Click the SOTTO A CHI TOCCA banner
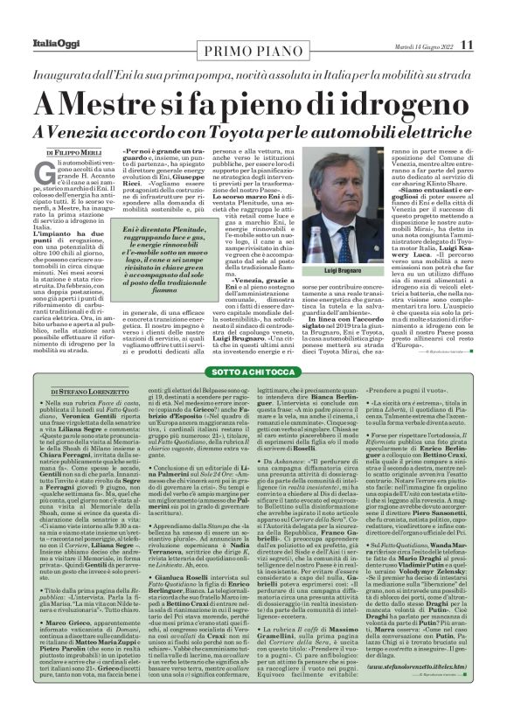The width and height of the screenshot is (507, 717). pos(253,371)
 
